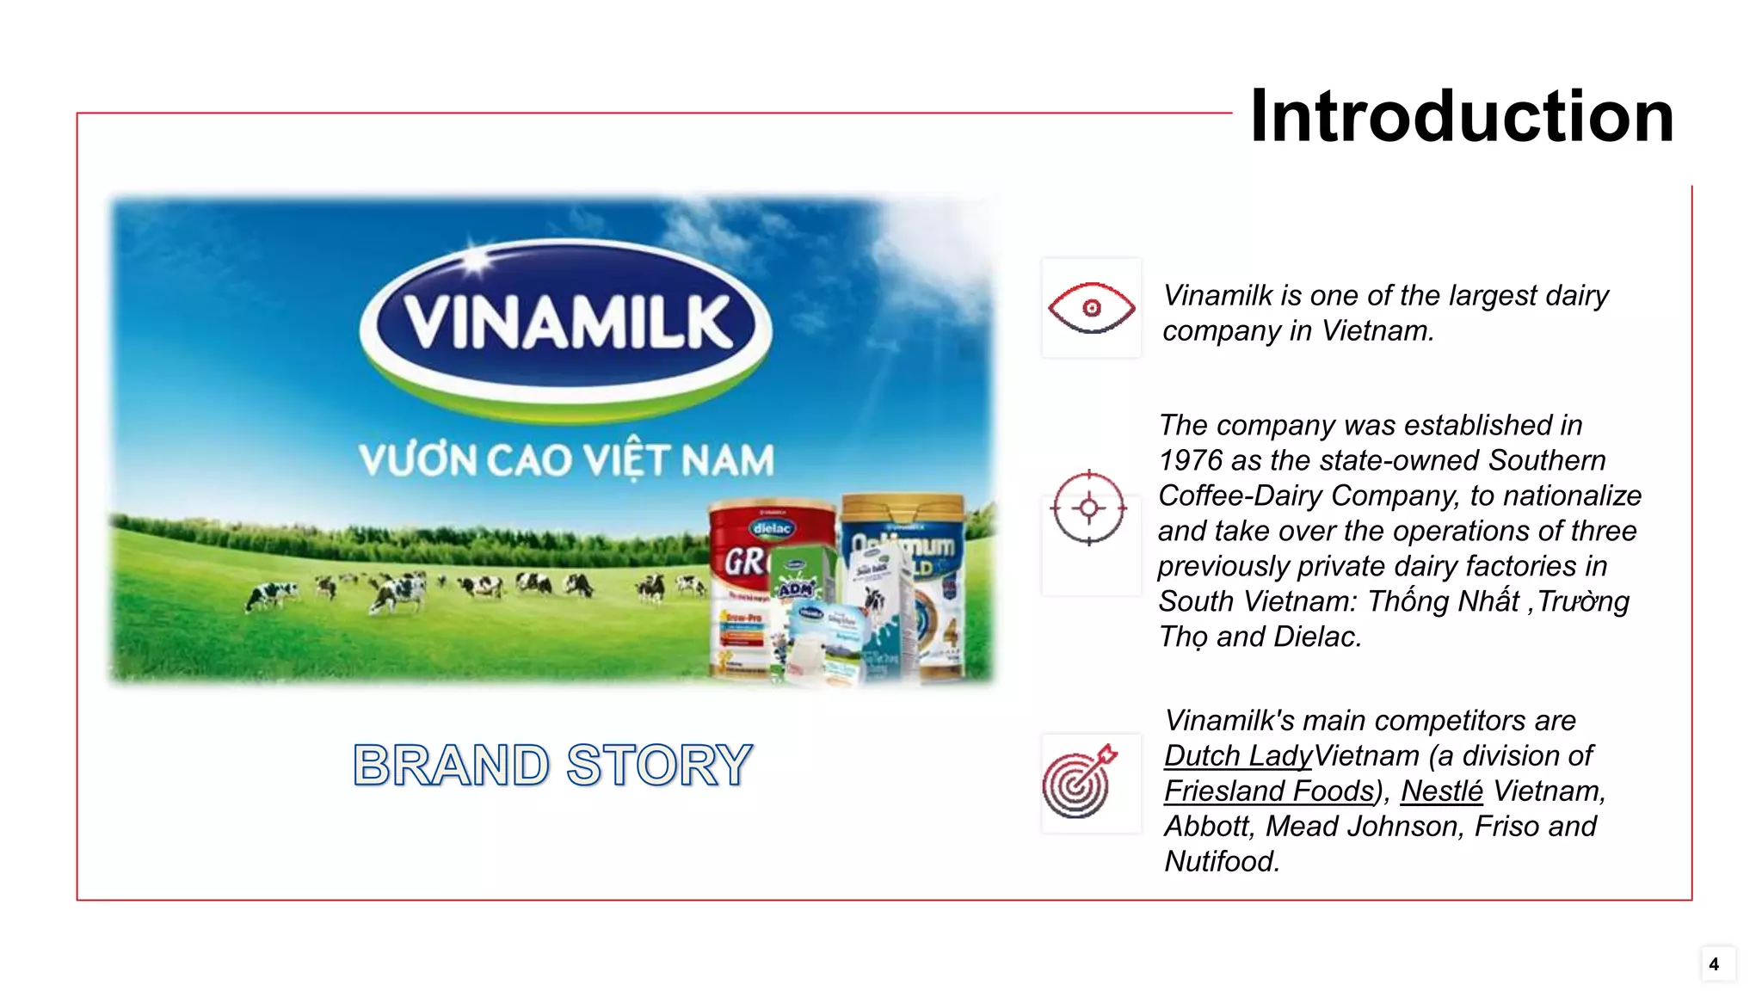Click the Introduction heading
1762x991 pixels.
click(1461, 116)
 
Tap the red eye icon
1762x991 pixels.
click(1091, 308)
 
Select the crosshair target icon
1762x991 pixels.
click(1088, 508)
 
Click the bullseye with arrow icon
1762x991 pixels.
click(1079, 782)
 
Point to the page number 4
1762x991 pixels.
click(1714, 964)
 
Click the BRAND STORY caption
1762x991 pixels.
click(552, 765)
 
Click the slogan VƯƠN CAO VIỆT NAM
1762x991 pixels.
click(566, 460)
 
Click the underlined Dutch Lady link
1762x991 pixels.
click(1237, 756)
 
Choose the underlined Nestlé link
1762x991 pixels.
click(1441, 791)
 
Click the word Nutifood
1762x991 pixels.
click(1220, 862)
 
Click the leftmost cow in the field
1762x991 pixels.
click(270, 594)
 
